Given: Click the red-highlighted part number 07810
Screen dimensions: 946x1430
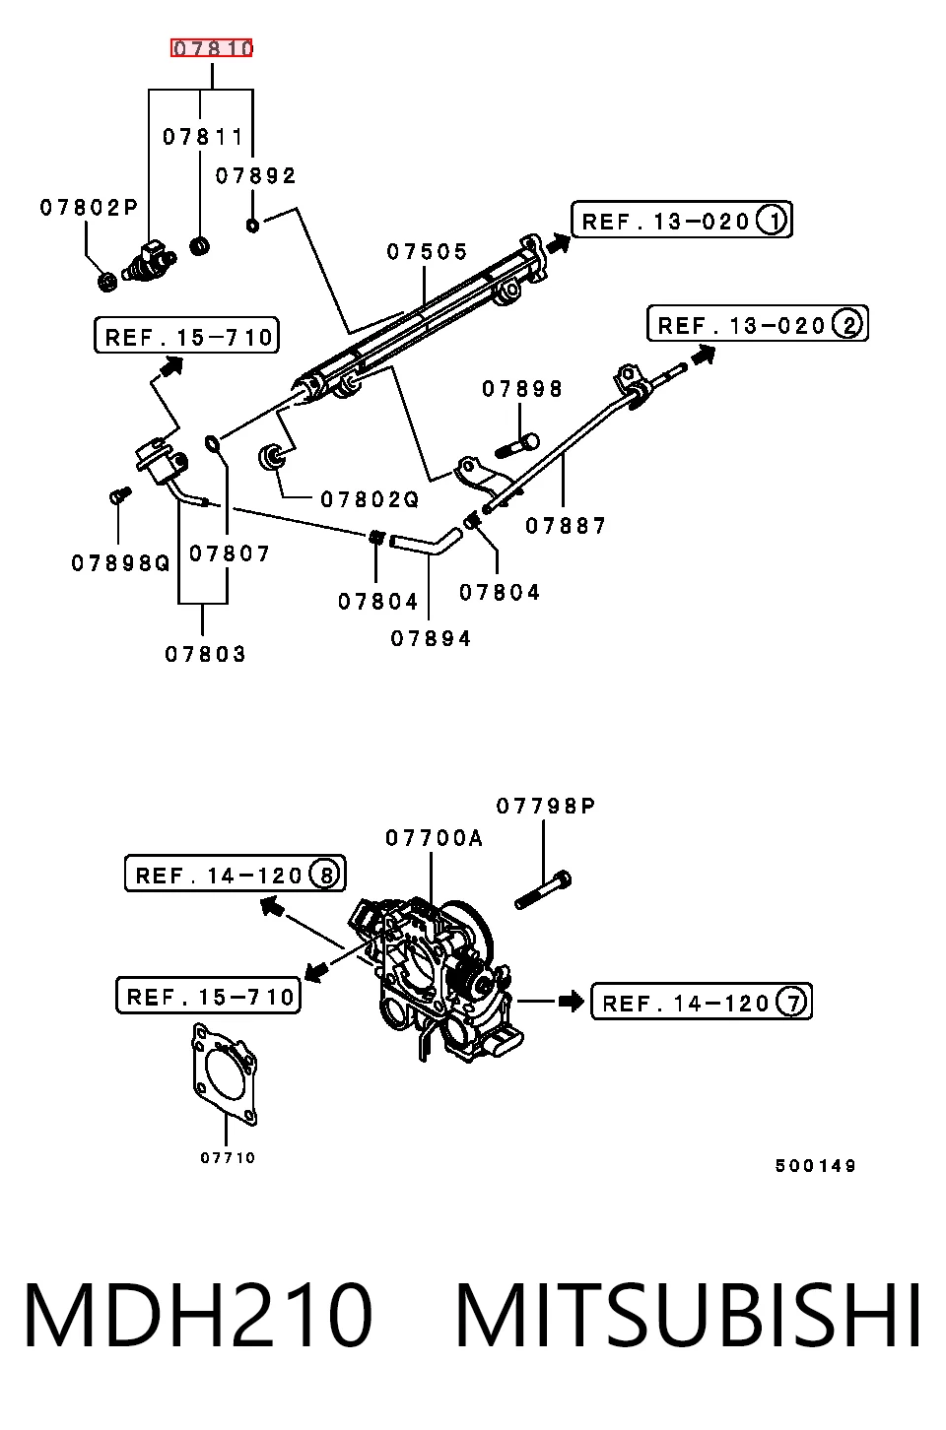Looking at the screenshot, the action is [212, 48].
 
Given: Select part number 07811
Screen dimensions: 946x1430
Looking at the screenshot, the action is [203, 137].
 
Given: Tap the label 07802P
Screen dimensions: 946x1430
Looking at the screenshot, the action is [89, 208].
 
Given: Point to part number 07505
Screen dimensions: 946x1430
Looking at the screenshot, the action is [427, 251].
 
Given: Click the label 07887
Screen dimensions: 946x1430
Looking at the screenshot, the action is [566, 526].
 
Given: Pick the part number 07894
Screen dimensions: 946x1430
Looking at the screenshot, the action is [431, 638].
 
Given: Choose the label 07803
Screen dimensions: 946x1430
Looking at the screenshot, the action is [205, 654].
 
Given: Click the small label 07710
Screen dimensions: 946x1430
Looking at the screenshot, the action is [228, 1158].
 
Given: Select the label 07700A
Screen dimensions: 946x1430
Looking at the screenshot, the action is [434, 838].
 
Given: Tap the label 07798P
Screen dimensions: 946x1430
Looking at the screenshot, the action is [546, 807].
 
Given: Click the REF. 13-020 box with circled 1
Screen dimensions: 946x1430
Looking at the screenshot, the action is [682, 221].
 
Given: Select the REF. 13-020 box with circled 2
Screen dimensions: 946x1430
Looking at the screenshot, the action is [758, 324].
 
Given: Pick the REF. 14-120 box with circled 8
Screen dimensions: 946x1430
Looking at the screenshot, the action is [236, 874].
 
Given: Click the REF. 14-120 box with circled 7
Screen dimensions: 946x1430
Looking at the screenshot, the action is [702, 1002].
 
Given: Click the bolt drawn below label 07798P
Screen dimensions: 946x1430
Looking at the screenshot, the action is [543, 890].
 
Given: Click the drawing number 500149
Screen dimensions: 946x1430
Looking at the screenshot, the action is [815, 1166].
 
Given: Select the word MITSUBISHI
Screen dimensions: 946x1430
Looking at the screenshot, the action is [688, 1315].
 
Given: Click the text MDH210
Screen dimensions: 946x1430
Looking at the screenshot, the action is [198, 1315].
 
